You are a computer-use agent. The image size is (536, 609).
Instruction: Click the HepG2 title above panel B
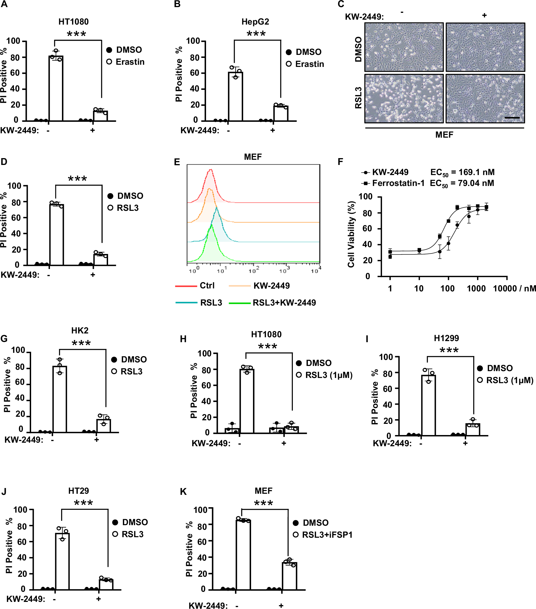tap(255, 22)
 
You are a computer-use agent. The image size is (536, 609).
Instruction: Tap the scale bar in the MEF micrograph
tap(512, 118)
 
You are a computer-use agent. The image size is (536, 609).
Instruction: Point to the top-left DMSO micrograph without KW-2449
tap(404, 47)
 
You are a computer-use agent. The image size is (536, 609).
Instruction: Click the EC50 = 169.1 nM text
tap(462, 172)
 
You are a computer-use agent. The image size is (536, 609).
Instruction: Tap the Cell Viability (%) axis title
tap(352, 234)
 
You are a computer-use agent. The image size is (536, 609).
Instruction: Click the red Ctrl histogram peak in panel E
tap(210, 170)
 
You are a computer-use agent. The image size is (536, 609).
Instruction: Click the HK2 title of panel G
tap(80, 330)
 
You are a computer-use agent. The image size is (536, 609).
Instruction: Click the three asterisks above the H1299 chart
tap(449, 350)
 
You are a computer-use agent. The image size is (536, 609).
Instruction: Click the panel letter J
tap(4, 492)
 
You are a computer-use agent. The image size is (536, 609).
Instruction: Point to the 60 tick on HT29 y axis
tap(22, 542)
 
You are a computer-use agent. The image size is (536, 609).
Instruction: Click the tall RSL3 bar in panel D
tap(56, 235)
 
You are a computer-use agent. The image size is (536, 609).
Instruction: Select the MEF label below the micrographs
tap(444, 135)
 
